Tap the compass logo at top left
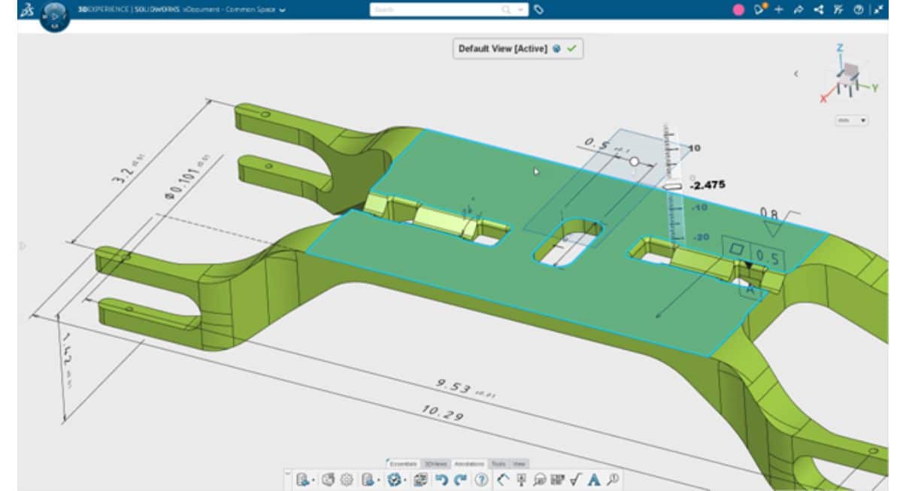click(x=53, y=15)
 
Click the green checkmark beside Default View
click(x=572, y=48)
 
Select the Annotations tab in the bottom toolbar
click(x=468, y=464)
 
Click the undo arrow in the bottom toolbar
click(x=442, y=479)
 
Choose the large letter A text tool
click(x=593, y=479)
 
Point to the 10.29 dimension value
click(x=443, y=412)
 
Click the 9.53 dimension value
click(x=455, y=386)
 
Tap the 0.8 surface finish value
click(x=769, y=214)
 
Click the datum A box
click(x=750, y=287)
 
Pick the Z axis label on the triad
click(x=840, y=48)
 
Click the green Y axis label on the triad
click(x=875, y=88)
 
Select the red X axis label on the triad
click(x=823, y=99)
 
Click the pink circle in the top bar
click(x=738, y=10)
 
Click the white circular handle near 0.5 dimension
click(x=634, y=162)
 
